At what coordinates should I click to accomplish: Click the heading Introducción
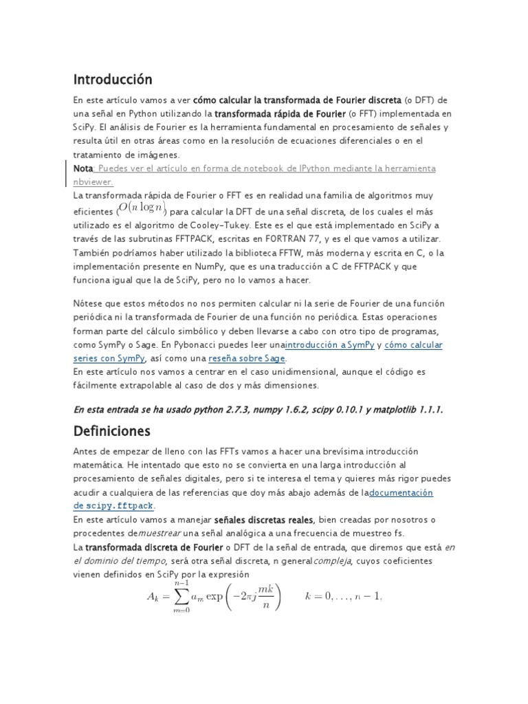113,80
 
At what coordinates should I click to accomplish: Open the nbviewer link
92,182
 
